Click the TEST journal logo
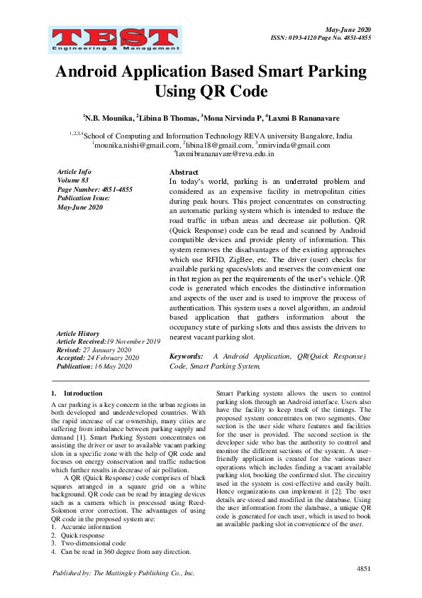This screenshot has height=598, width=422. pyautogui.click(x=115, y=40)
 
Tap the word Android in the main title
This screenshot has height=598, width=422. pyautogui.click(x=96, y=72)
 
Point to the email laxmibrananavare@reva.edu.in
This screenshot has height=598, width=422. pyautogui.click(x=215, y=153)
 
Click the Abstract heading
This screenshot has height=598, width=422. pyautogui.click(x=184, y=173)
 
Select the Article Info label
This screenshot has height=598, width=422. pyautogui.click(x=74, y=172)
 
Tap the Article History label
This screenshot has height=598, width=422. pyautogui.click(x=78, y=333)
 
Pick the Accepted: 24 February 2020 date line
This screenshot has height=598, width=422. pyautogui.click(x=98, y=358)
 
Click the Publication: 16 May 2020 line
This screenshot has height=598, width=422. pyautogui.click(x=94, y=366)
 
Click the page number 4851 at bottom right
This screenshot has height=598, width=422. pyautogui.click(x=363, y=569)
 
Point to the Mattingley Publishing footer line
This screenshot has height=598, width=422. pyautogui.click(x=123, y=572)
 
